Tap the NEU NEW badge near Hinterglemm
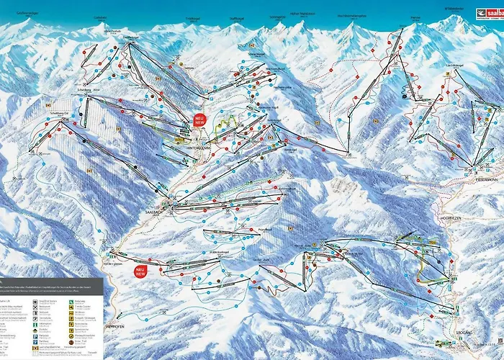[200, 120]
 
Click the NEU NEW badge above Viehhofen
[135, 271]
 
